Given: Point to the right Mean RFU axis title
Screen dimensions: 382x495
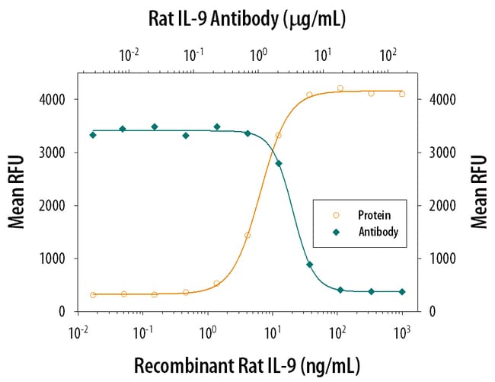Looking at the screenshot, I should point(478,191).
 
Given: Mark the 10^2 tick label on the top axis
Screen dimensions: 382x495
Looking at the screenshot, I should point(388,56).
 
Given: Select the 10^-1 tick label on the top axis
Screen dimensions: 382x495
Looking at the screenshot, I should point(193,56).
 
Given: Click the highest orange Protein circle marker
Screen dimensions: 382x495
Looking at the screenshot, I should point(340,88).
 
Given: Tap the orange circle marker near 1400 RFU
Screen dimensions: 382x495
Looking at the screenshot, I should point(247,236).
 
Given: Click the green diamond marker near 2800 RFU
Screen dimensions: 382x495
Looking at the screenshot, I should point(278,163).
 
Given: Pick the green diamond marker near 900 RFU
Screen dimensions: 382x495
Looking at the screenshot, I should point(309,265).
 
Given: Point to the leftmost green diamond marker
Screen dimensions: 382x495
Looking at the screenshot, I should point(93,135).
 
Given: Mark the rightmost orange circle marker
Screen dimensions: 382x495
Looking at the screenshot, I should point(402,94).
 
